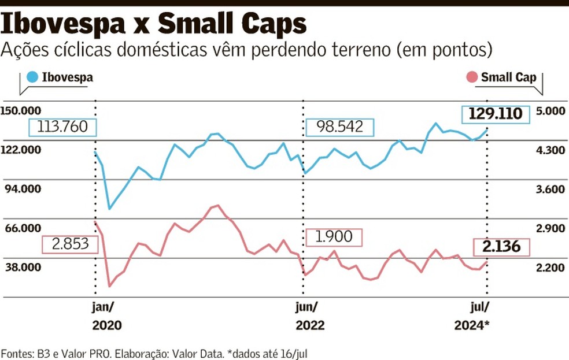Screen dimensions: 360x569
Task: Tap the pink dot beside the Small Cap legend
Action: tap(472, 77)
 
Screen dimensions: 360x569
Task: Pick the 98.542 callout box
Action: tap(340, 127)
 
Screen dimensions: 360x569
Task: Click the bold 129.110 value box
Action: tap(495, 114)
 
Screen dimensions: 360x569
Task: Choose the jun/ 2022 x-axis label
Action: tap(310, 316)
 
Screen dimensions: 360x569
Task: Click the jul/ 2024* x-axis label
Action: tap(472, 316)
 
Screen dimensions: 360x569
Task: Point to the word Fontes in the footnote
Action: tap(16, 351)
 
